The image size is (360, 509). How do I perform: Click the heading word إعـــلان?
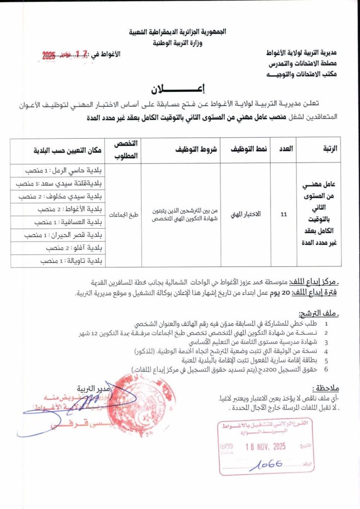(x=180, y=90)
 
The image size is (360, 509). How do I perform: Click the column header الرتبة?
(x=328, y=149)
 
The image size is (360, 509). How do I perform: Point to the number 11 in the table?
(x=284, y=215)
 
